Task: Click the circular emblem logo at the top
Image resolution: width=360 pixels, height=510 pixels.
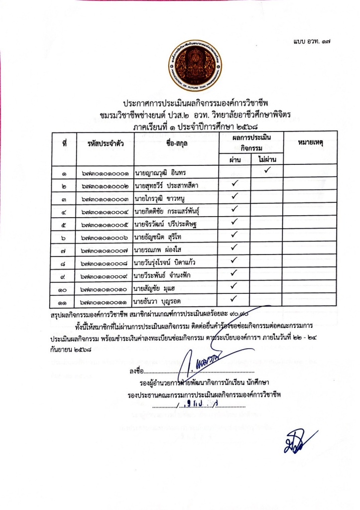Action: tap(195, 66)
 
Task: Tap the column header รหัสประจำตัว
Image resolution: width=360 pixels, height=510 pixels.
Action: tap(105, 143)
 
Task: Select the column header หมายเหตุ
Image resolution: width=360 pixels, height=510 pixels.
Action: tap(310, 143)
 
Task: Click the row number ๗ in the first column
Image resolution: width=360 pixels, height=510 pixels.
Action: tap(65, 249)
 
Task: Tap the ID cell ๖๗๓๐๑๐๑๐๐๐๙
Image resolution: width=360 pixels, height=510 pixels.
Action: tap(105, 275)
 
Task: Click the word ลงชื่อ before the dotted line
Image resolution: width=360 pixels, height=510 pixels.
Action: tap(136, 371)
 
